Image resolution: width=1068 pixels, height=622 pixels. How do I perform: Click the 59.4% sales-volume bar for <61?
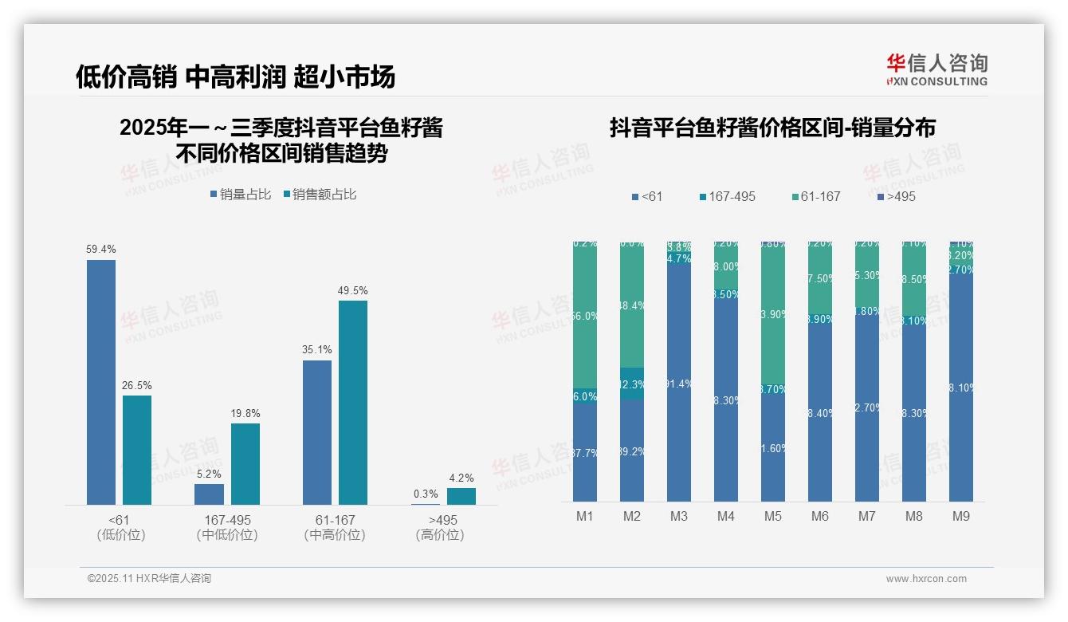[x=101, y=382]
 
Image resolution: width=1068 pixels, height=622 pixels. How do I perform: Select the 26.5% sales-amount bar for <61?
[x=137, y=450]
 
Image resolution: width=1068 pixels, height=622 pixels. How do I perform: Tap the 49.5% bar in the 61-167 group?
[x=353, y=403]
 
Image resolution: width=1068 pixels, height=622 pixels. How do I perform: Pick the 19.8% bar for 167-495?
[x=245, y=463]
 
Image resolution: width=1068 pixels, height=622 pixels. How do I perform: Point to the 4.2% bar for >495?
[x=461, y=496]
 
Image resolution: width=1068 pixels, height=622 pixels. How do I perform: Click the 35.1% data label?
[x=317, y=349]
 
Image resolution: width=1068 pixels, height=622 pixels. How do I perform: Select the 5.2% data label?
[x=209, y=473]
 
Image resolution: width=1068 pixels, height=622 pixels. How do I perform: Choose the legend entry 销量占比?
[x=241, y=194]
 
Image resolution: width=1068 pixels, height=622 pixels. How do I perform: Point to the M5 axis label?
[x=773, y=516]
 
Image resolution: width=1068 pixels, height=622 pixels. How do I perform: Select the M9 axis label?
[x=961, y=516]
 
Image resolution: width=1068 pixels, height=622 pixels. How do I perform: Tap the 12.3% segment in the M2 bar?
[x=632, y=384]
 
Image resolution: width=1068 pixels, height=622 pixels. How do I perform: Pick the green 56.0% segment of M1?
[x=585, y=315]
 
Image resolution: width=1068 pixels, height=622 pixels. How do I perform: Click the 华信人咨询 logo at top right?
[x=936, y=69]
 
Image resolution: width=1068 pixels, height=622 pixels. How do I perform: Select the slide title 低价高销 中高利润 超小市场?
[x=236, y=77]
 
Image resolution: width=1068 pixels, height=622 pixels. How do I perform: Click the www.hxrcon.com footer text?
[x=926, y=578]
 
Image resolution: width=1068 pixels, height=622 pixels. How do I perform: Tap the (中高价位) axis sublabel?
[x=335, y=535]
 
